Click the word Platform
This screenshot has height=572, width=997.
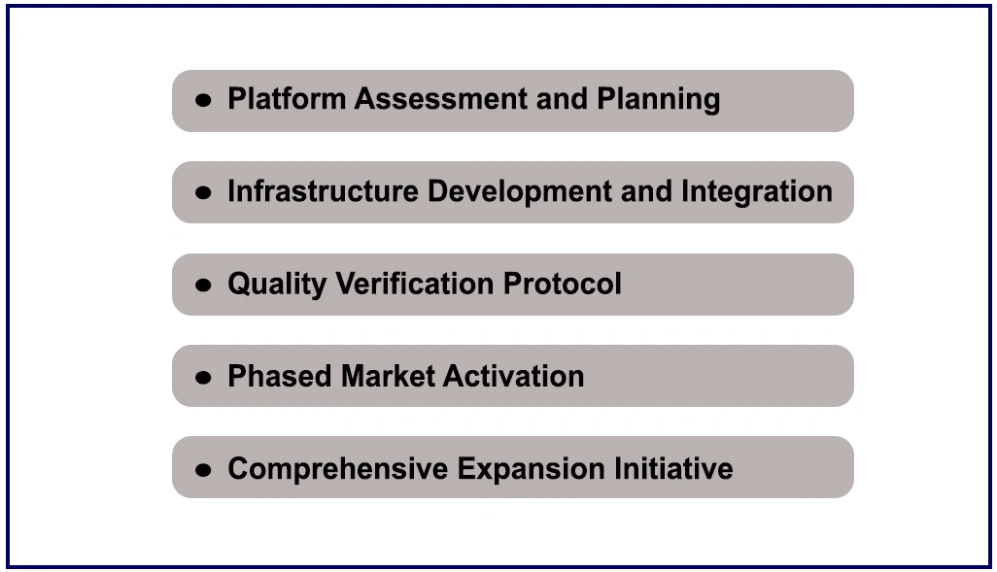287,98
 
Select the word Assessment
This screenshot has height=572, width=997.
441,98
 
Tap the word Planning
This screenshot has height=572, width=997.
658,100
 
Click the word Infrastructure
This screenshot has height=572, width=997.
323,190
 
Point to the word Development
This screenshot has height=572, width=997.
520,192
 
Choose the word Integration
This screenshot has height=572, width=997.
757,192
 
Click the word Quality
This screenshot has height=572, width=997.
277,285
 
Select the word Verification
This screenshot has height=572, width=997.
415,283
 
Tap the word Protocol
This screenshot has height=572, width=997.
562,283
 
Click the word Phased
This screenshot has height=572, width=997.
280,376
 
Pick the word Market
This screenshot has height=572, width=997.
387,376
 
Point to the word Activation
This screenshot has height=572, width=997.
513,376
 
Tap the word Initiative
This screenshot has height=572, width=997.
673,468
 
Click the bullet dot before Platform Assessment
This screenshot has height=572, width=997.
203,100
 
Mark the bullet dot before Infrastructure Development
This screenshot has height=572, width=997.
203,192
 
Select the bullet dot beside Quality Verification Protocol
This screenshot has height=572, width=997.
203,285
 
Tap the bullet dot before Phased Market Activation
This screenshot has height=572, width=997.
203,378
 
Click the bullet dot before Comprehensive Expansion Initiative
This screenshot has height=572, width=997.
203,470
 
